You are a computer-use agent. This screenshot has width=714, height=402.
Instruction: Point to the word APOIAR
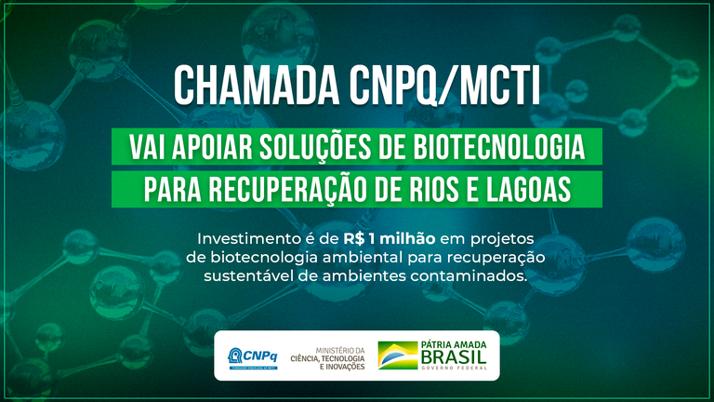[x=199, y=147]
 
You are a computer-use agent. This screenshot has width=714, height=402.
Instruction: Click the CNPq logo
[x=252, y=355]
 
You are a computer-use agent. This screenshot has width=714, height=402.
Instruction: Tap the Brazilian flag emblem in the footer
[x=397, y=355]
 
